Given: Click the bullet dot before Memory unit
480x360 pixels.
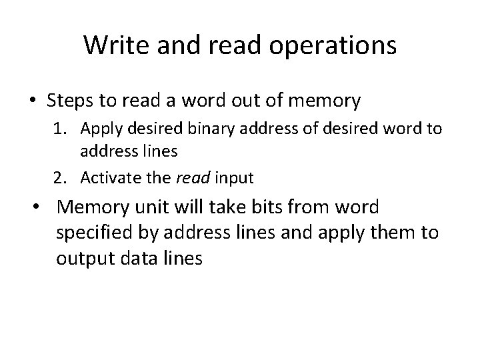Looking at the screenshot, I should pyautogui.click(x=41, y=208).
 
